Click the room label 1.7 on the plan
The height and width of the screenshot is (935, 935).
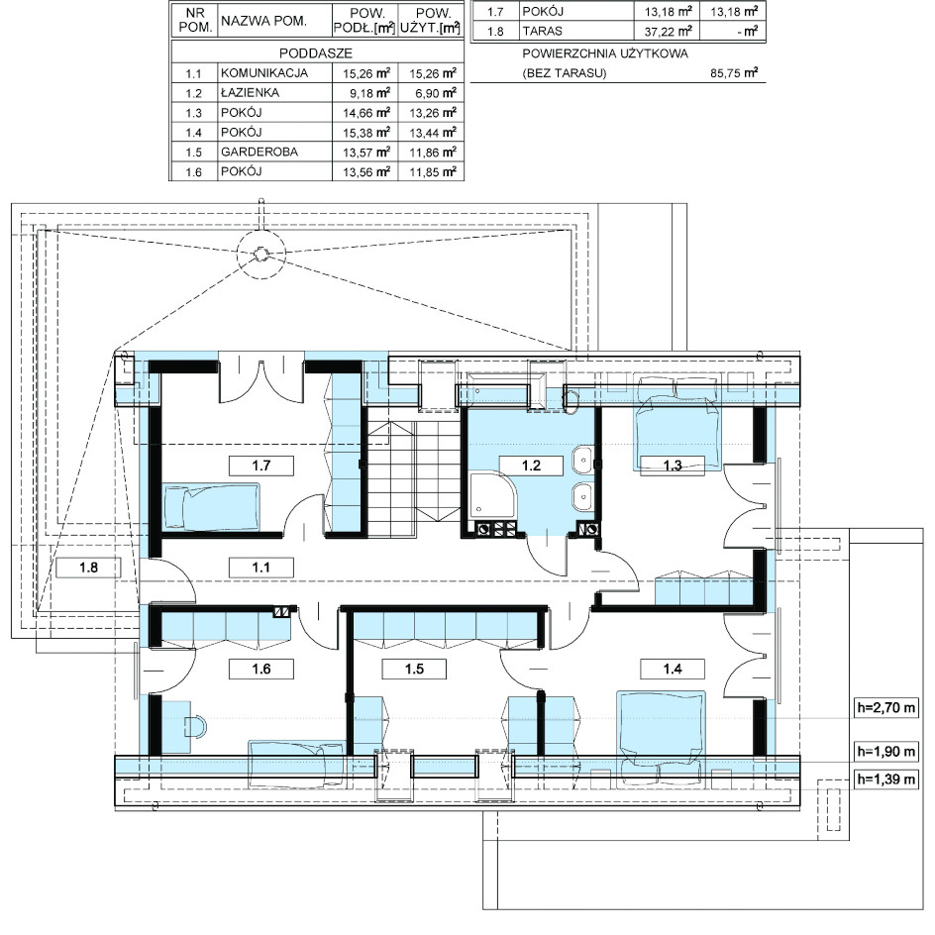pyautogui.click(x=261, y=466)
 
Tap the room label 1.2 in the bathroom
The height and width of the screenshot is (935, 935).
pyautogui.click(x=531, y=466)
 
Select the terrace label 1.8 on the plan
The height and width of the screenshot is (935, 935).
pyautogui.click(x=89, y=568)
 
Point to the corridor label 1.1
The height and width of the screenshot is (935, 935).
pyautogui.click(x=261, y=568)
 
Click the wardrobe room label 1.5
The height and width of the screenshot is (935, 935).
pyautogui.click(x=414, y=669)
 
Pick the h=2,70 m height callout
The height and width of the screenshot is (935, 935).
pyautogui.click(x=885, y=708)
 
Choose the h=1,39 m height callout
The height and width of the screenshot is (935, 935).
pyautogui.click(x=885, y=779)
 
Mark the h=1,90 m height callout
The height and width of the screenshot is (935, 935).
pyautogui.click(x=885, y=752)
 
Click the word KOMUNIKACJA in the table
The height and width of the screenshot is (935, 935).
pyautogui.click(x=264, y=73)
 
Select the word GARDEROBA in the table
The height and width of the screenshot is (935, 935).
pyautogui.click(x=260, y=153)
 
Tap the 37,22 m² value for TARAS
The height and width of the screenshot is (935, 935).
pyautogui.click(x=669, y=31)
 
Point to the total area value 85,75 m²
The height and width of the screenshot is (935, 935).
pyautogui.click(x=734, y=73)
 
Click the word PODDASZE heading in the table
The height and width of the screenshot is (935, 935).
pyautogui.click(x=316, y=53)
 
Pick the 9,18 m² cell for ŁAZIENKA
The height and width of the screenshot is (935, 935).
pyautogui.click(x=369, y=93)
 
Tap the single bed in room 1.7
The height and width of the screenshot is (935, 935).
pyautogui.click(x=212, y=506)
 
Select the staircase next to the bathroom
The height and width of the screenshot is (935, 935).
pyautogui.click(x=412, y=466)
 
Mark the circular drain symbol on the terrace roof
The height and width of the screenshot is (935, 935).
pyautogui.click(x=260, y=255)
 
